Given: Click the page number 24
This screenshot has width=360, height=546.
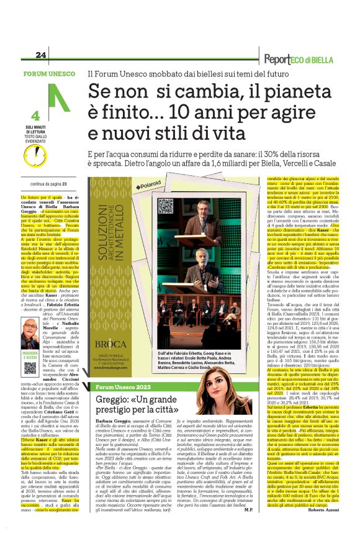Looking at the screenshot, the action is point(41,56).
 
